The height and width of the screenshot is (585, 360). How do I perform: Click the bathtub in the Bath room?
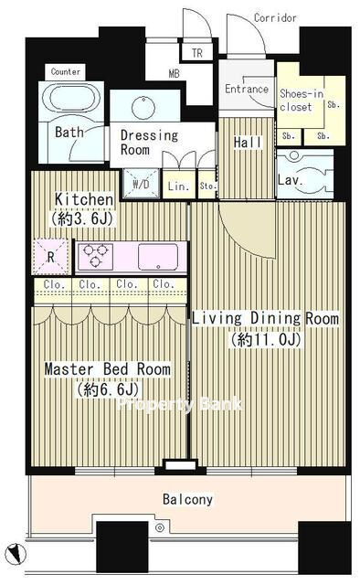click(71, 98)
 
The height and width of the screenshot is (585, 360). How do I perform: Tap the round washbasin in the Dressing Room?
click(143, 108)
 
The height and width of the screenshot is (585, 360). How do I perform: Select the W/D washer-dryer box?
click(142, 183)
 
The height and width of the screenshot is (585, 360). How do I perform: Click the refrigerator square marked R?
click(51, 257)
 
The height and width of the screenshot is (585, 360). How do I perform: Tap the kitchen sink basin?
click(158, 257)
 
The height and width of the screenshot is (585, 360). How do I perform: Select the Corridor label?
click(275, 17)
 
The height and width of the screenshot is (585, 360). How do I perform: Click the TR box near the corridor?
click(197, 53)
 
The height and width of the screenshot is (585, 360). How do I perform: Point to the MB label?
click(175, 73)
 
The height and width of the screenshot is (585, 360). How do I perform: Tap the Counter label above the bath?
click(65, 71)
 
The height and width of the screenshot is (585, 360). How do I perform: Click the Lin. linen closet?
click(179, 185)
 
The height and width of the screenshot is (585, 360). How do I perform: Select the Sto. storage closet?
click(207, 185)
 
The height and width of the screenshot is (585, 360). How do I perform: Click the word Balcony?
click(187, 499)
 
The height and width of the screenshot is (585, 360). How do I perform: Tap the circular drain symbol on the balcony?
click(160, 527)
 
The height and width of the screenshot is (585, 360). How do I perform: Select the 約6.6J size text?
click(109, 390)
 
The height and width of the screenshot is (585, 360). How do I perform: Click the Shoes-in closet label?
click(301, 101)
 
